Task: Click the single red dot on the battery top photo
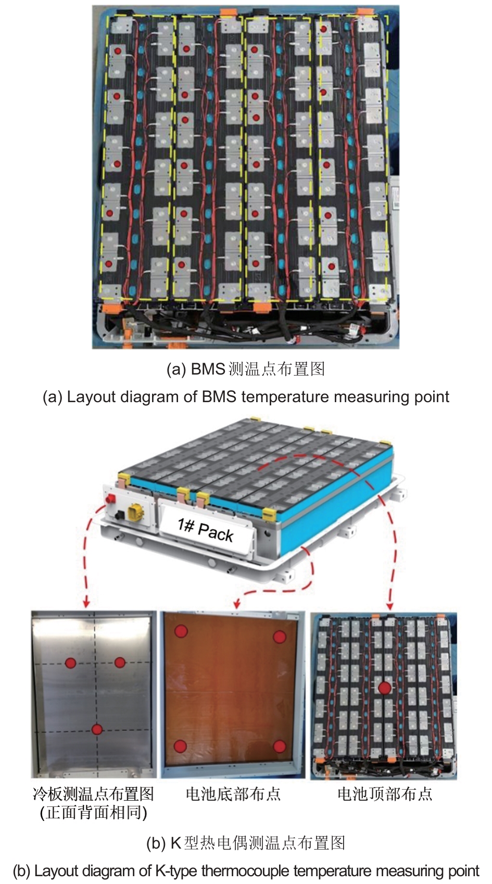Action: click(x=384, y=688)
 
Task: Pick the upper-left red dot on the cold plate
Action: click(x=71, y=663)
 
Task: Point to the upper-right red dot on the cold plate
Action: click(x=120, y=662)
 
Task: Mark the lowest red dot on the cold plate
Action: click(x=97, y=729)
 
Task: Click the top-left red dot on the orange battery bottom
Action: click(x=181, y=631)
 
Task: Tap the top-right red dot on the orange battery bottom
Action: click(x=280, y=637)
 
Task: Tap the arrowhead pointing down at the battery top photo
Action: click(x=390, y=606)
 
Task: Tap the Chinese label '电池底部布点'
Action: click(x=233, y=794)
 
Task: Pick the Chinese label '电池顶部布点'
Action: click(x=385, y=794)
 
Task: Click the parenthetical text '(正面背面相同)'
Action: click(x=94, y=813)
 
